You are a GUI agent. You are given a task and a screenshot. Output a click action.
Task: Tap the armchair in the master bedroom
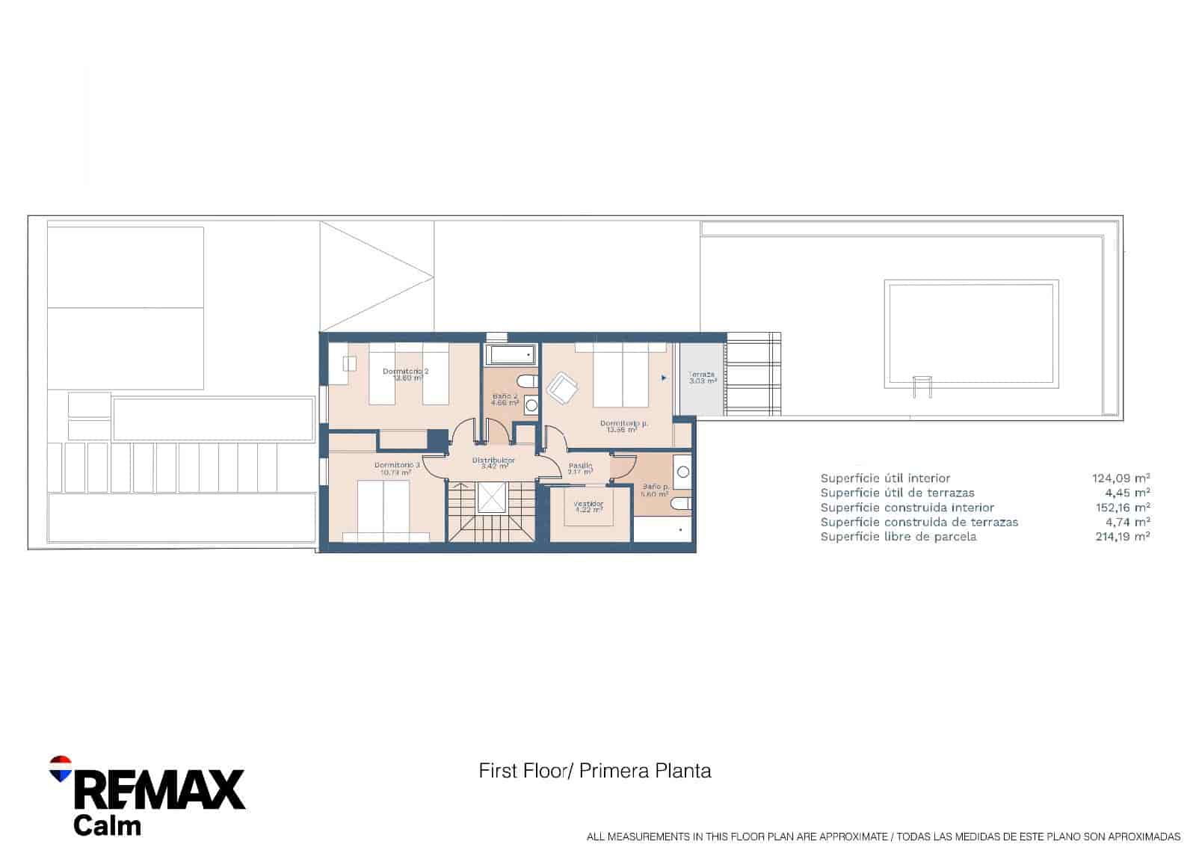coord(562,388)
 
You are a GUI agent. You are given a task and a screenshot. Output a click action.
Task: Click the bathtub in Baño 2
coord(511,354)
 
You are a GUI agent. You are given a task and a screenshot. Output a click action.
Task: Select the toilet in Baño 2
coord(528,381)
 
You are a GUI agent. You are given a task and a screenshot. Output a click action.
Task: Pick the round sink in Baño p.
coord(683,472)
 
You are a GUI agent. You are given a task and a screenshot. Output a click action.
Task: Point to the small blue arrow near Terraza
coord(664,378)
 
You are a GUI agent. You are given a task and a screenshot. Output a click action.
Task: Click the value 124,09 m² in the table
coord(1121,478)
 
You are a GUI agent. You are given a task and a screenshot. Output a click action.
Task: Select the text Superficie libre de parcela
coord(898,536)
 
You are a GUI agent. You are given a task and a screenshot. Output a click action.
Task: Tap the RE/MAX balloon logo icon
coord(61,768)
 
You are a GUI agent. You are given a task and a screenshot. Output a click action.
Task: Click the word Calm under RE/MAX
coord(107,825)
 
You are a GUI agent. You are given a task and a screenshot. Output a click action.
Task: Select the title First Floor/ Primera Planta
coord(594,770)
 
